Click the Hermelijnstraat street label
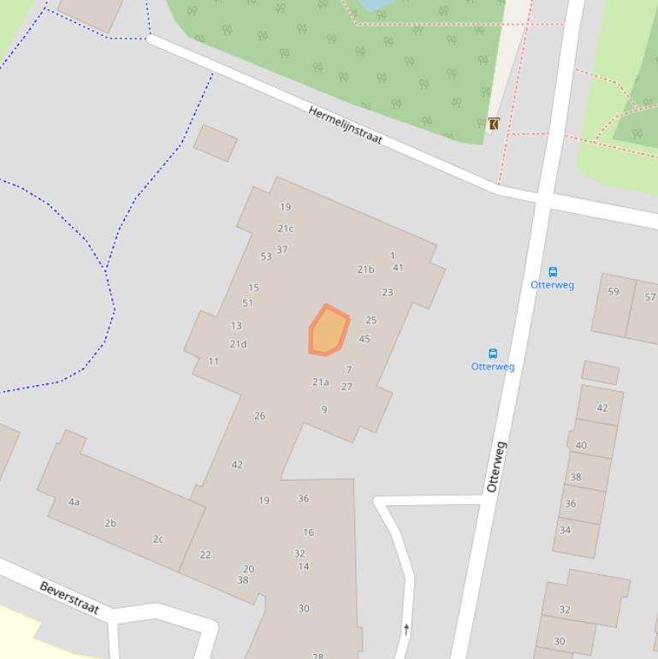[x=345, y=125]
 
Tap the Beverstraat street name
[x=69, y=597]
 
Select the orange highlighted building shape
[x=329, y=330]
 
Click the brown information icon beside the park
[x=494, y=124]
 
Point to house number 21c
[x=286, y=229]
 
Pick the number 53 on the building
[x=266, y=256]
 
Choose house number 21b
[x=365, y=270]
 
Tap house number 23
[x=388, y=292]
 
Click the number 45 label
[x=365, y=339]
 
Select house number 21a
[x=321, y=383]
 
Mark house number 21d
[x=238, y=344]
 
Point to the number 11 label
[x=214, y=361]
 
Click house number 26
[x=259, y=416]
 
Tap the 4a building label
[x=74, y=502]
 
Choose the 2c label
[x=158, y=539]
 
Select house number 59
[x=614, y=292]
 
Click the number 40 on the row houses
[x=582, y=445]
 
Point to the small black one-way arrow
[x=406, y=629]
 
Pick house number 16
[x=308, y=532]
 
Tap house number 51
[x=248, y=303]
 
